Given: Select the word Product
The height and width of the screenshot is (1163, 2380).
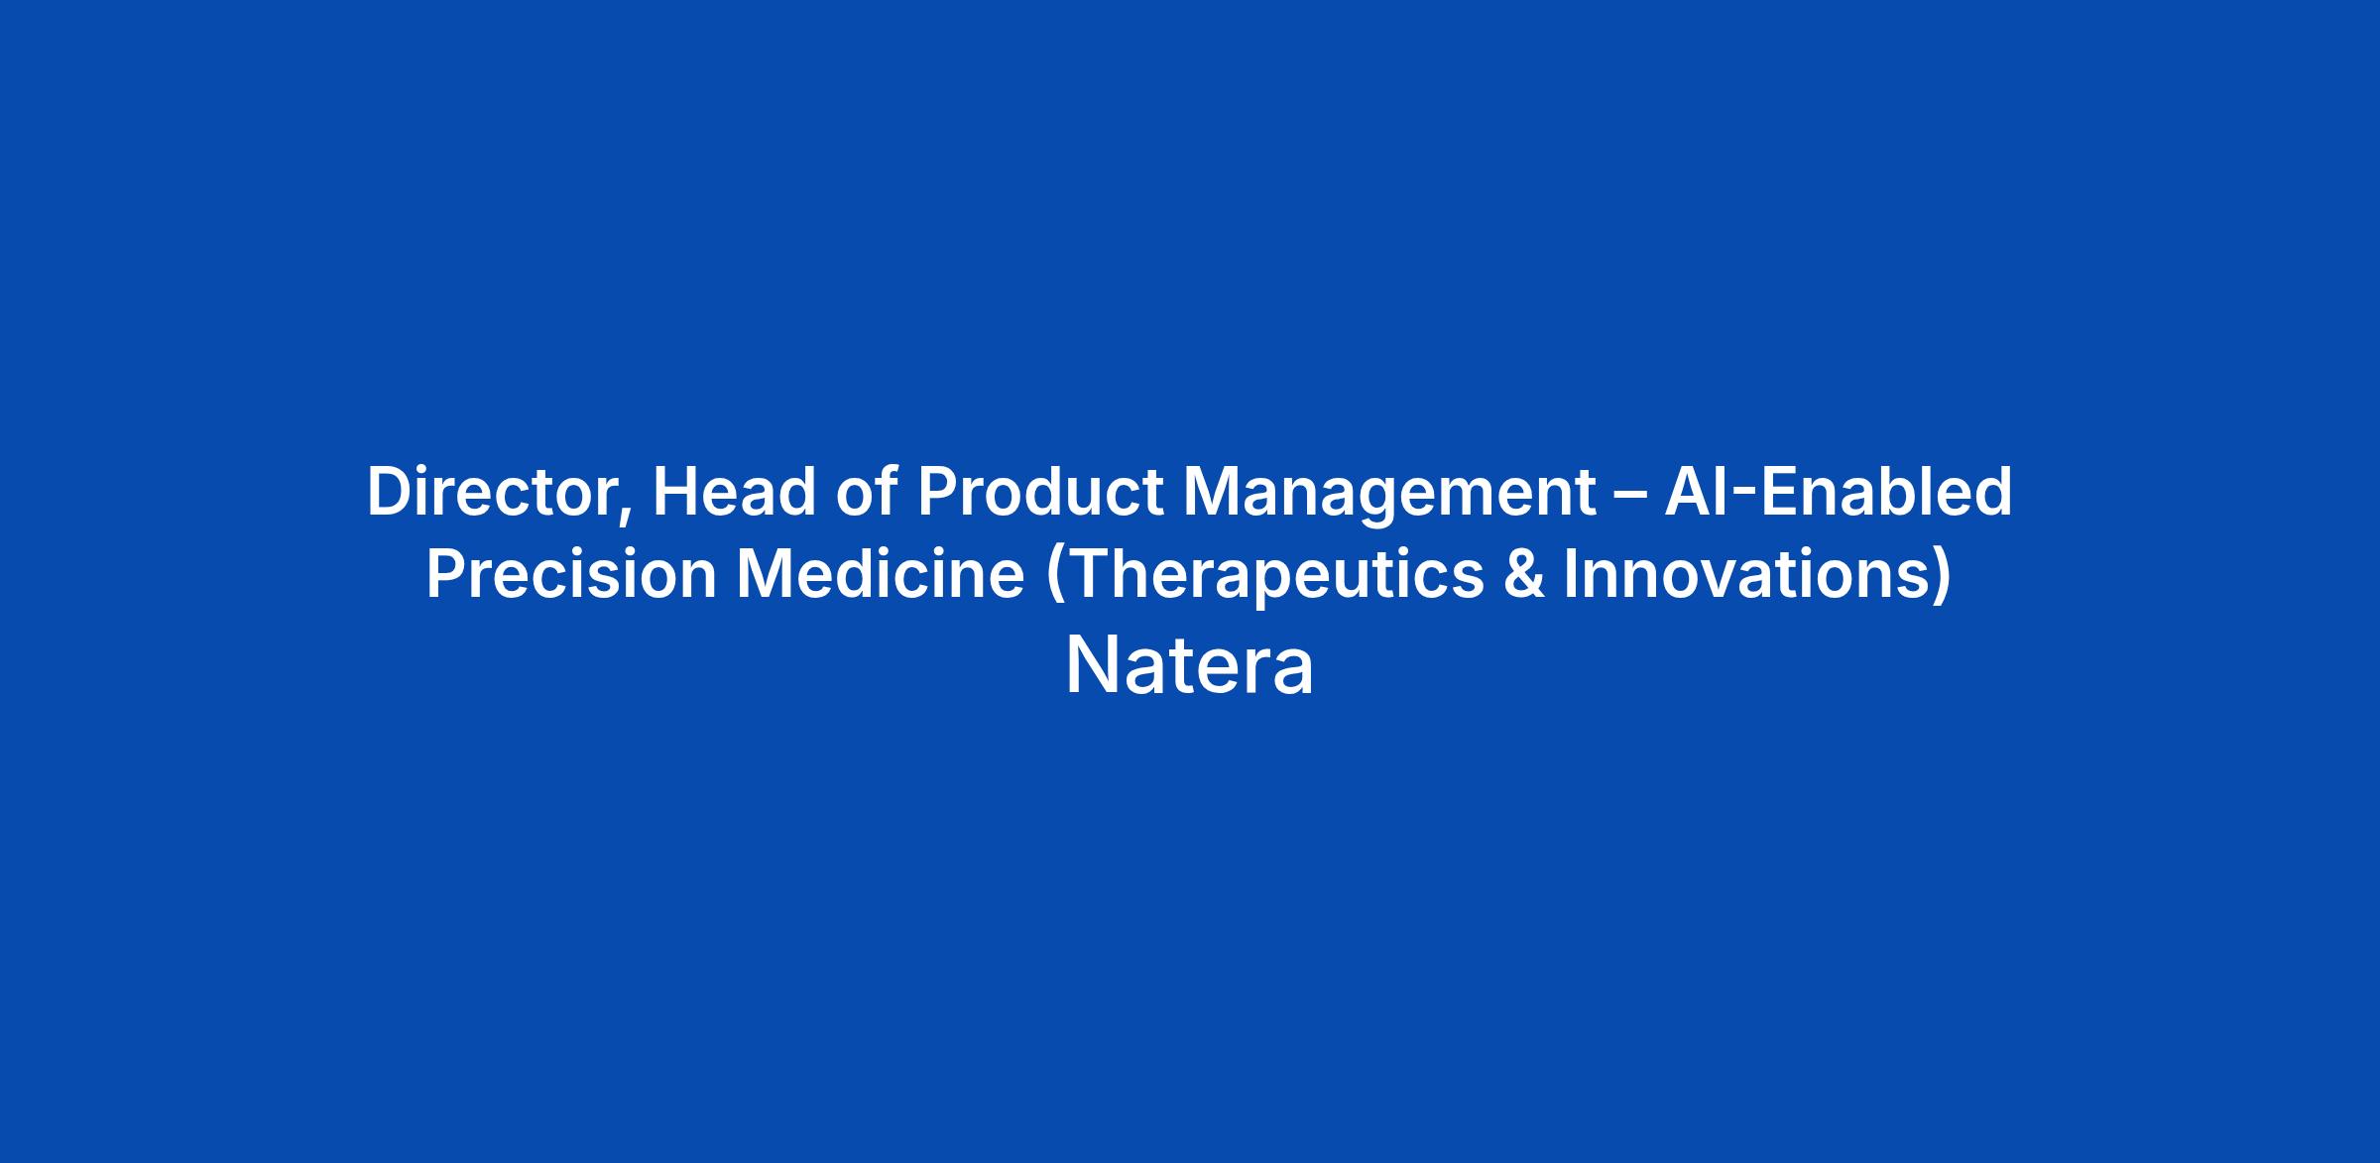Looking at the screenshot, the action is pyautogui.click(x=1040, y=491).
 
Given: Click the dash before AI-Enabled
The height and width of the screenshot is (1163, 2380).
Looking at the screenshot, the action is pyautogui.click(x=1630, y=495).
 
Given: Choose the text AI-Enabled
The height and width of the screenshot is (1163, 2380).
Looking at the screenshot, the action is pyautogui.click(x=1839, y=491).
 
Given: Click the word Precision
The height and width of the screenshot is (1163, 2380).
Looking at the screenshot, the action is pyautogui.click(x=571, y=574).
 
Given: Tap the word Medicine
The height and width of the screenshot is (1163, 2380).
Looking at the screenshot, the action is pyautogui.click(x=881, y=574).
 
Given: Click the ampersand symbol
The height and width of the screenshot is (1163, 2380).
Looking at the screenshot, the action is pyautogui.click(x=1524, y=574).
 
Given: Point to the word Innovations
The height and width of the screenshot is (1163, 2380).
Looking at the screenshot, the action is pyautogui.click(x=1747, y=574).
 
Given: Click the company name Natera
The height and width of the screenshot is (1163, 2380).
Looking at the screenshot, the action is pyautogui.click(x=1190, y=666).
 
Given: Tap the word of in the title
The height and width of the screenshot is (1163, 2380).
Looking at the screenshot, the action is pyautogui.click(x=867, y=491).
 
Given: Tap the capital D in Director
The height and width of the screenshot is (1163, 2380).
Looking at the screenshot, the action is pyautogui.click(x=392, y=492).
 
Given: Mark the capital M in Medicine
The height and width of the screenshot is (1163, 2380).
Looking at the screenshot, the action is pyautogui.click(x=767, y=575).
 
